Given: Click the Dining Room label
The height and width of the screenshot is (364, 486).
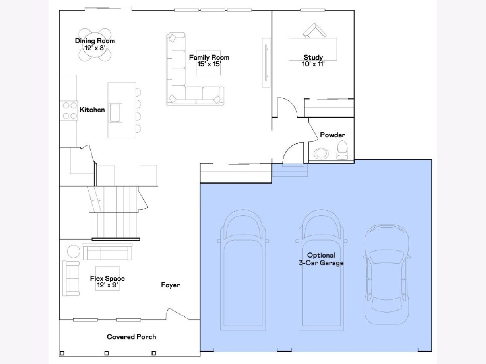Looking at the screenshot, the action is (95, 41).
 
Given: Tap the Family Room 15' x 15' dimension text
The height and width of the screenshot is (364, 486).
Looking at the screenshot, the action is (209, 64).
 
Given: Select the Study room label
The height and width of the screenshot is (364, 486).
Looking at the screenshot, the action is (313, 57).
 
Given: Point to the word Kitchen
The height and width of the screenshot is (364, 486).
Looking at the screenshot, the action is (92, 110).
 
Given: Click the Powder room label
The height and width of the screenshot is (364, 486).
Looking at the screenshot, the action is (333, 135).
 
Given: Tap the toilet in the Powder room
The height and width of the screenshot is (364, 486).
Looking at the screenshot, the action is (342, 150).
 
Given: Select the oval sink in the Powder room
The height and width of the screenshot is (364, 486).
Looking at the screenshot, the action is (321, 153).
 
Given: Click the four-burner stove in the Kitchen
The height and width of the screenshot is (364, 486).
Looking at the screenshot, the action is (69, 110).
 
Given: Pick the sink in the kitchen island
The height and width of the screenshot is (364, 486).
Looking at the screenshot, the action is (115, 113).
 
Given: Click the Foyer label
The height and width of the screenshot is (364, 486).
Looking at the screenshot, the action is (170, 285).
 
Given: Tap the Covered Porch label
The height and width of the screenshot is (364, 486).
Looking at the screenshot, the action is (132, 336).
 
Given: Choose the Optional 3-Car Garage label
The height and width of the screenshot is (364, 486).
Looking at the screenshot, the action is (321, 259).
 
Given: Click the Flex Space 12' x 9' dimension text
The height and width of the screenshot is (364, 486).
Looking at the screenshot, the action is (108, 285).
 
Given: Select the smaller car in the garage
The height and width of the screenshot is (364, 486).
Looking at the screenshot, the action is (387, 275).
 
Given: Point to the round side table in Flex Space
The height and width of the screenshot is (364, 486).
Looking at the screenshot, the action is (74, 251).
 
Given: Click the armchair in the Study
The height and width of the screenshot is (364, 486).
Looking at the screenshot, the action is (314, 31).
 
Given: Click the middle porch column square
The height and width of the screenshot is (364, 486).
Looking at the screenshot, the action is (107, 353).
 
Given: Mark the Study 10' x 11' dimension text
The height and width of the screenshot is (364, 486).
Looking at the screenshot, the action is (313, 64).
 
